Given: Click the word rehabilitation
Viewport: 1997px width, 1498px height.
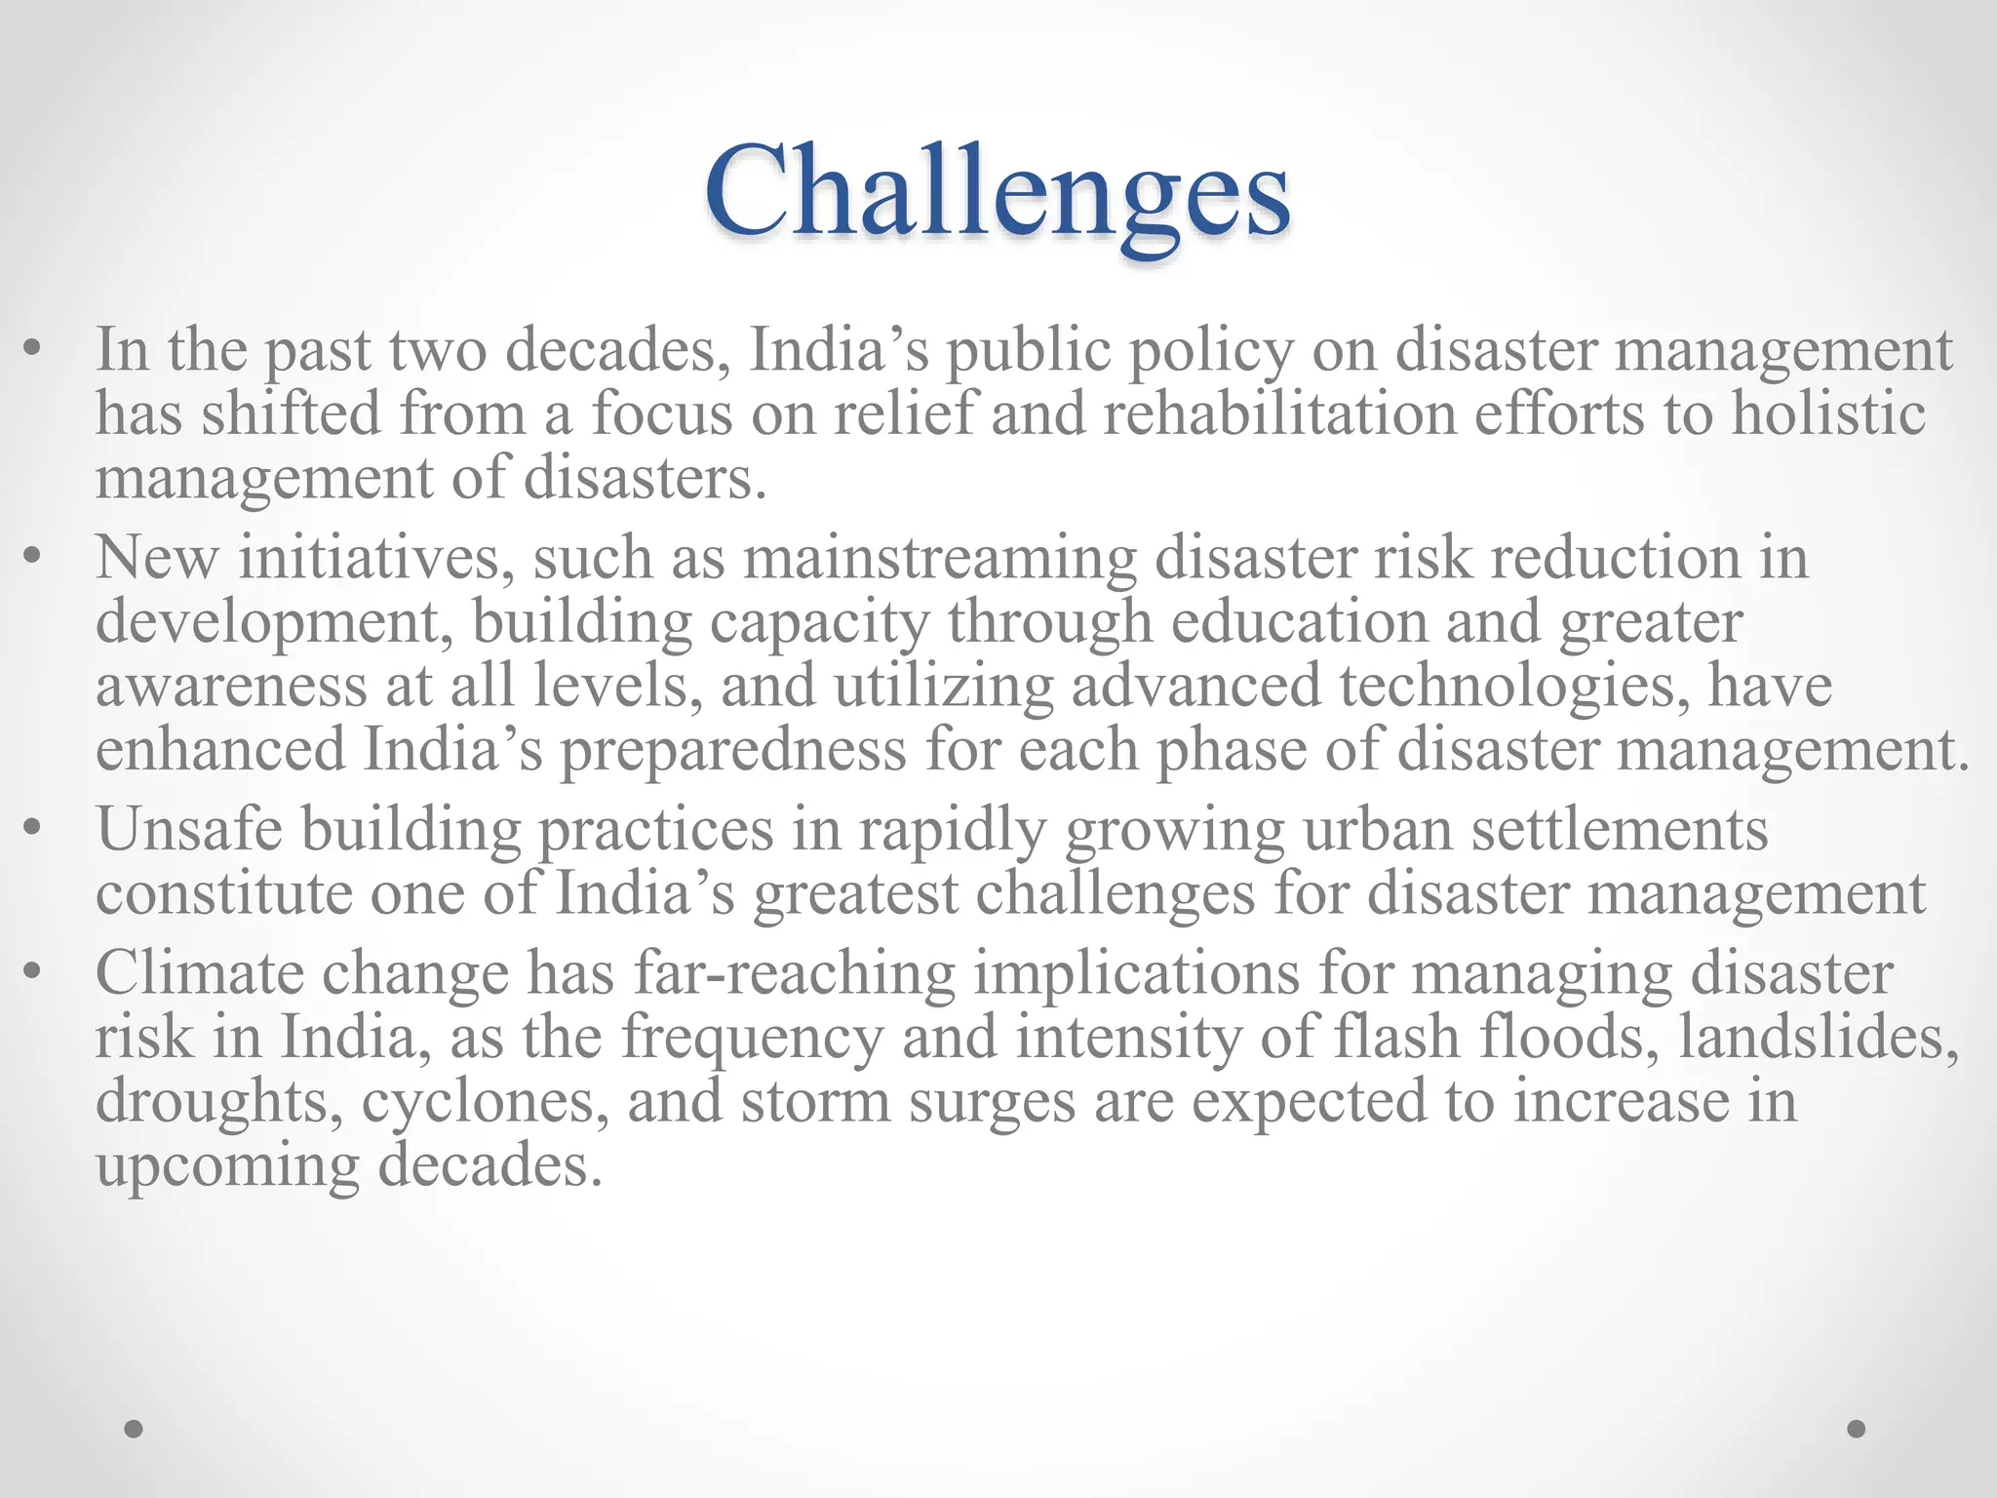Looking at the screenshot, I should tap(1279, 414).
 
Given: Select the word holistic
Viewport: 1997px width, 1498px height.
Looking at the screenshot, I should tap(1828, 414).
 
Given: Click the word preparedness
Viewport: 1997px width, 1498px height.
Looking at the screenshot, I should tap(732, 750).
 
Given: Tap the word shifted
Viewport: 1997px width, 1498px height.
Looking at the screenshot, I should tap(291, 414).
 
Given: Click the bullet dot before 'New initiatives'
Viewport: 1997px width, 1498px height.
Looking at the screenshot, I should tap(34, 558).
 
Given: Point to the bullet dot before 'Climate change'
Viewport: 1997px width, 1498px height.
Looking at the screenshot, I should tap(34, 972).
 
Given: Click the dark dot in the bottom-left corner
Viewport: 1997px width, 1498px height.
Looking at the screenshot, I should tap(135, 1430).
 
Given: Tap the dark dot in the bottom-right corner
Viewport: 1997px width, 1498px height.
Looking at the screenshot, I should tap(1857, 1429).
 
